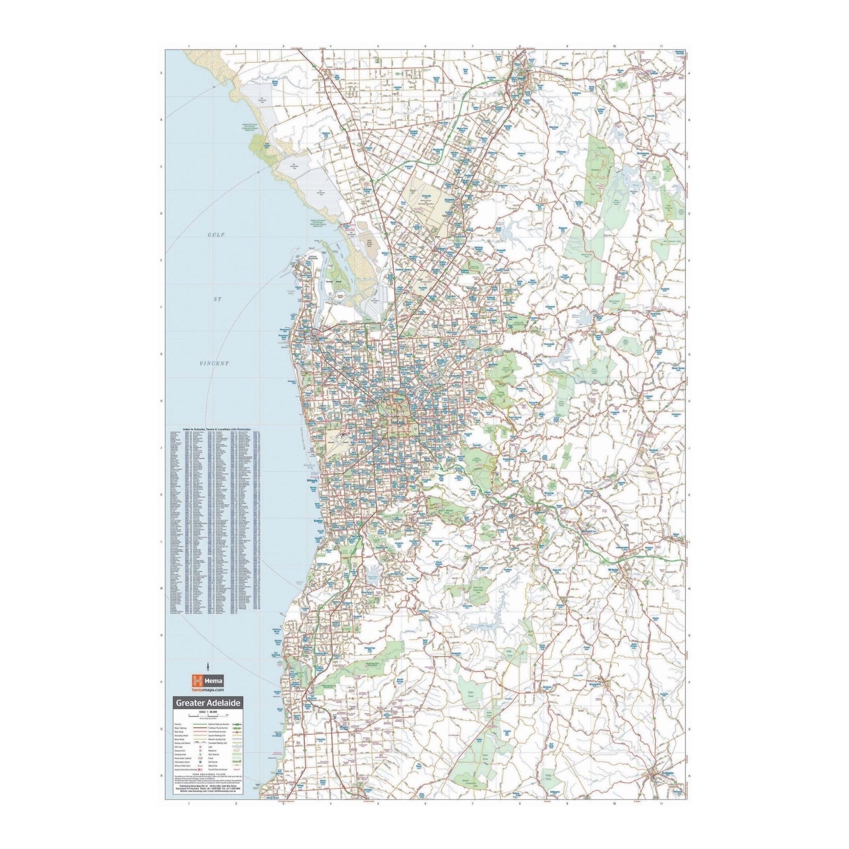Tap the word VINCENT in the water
214,363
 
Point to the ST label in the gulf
216,299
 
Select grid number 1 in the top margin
188,47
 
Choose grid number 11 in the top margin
661,47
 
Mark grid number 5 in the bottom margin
378,803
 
